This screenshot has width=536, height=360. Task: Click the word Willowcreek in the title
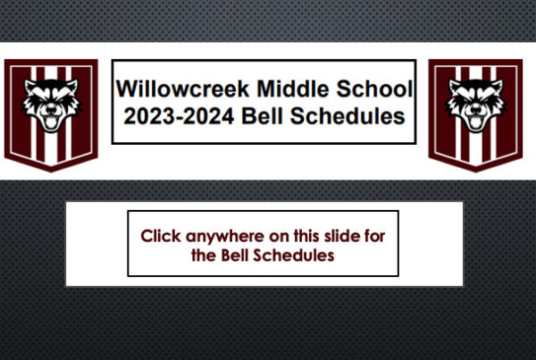[183, 89]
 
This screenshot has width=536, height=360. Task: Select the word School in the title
[374, 89]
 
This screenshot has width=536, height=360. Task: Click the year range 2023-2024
[179, 116]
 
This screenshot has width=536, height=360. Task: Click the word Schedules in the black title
[348, 116]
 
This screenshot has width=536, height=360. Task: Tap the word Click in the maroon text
[161, 236]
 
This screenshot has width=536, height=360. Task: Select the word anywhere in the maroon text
[225, 237]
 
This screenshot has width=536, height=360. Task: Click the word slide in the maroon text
[342, 236]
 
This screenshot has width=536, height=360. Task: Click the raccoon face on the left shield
[51, 105]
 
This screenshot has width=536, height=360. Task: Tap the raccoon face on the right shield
[475, 105]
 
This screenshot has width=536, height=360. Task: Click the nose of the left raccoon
[51, 110]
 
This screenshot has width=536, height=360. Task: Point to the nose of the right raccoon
[475, 110]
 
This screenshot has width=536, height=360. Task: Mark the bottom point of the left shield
[51, 172]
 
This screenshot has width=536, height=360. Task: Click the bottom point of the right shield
[476, 172]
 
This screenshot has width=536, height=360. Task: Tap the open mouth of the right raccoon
[475, 122]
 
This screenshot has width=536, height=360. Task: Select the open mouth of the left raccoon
[51, 122]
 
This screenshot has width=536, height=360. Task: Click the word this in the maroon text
[306, 236]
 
